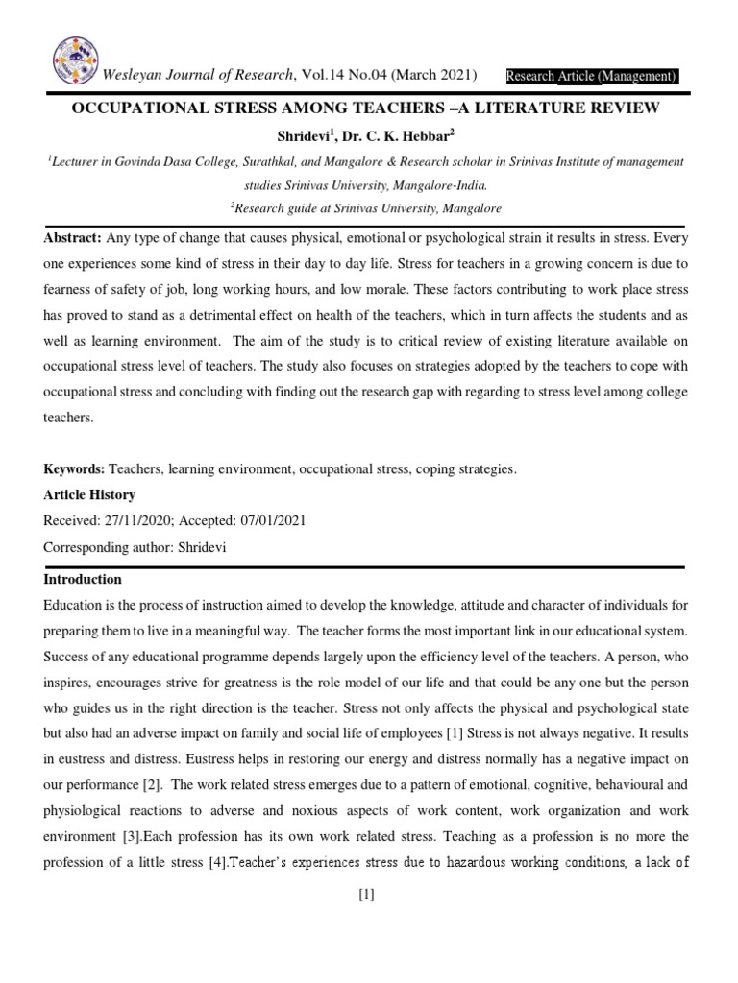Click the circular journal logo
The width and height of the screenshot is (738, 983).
pos(77,63)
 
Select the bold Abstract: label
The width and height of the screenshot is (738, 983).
pos(73,237)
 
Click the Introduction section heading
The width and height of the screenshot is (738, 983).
pos(83,579)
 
